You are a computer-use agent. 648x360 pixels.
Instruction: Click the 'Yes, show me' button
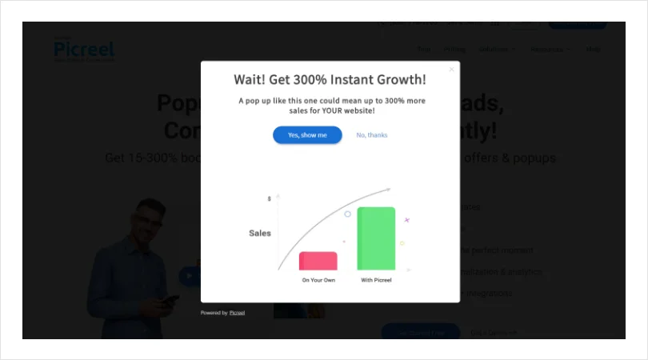[307, 135]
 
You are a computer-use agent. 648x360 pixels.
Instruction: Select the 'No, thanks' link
[372, 135]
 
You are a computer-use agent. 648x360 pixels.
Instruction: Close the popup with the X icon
[451, 70]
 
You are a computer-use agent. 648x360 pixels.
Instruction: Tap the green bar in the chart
[376, 238]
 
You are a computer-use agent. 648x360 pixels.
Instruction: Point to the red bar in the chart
[318, 261]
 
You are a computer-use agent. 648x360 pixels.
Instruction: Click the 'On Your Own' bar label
[318, 280]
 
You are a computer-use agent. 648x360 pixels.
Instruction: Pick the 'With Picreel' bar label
[376, 280]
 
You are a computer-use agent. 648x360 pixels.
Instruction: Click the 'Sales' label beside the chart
[259, 233]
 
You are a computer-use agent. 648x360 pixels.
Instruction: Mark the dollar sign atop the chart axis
[270, 198]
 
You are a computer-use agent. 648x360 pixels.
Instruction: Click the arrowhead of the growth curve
[389, 190]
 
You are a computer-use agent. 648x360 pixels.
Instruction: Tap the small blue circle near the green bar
[347, 214]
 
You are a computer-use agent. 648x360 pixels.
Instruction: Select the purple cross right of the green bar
[406, 219]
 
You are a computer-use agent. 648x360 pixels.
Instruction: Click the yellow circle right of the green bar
[402, 243]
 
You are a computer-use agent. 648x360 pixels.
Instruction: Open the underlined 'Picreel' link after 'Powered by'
[237, 313]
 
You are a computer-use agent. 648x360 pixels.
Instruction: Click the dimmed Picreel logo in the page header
[83, 50]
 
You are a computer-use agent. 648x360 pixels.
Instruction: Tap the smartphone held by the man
[170, 299]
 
